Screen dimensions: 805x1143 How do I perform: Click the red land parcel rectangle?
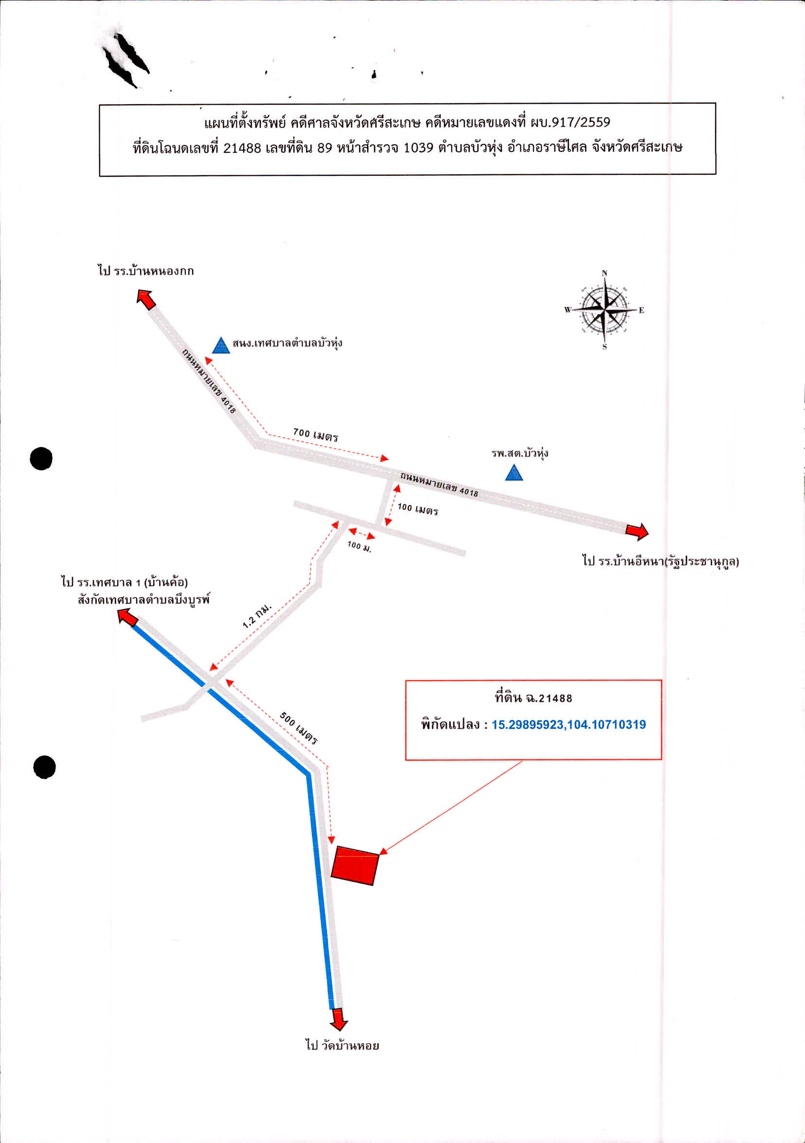(x=355, y=866)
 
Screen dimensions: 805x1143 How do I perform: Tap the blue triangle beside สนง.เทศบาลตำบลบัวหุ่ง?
(x=220, y=346)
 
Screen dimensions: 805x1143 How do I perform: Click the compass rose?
(x=604, y=311)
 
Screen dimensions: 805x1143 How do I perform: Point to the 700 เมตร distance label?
(x=316, y=435)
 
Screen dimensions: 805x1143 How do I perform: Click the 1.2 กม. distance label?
(x=257, y=615)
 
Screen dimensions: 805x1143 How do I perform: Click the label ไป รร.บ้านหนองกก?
(x=146, y=271)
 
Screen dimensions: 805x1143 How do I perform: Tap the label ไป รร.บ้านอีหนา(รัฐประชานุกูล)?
(x=660, y=561)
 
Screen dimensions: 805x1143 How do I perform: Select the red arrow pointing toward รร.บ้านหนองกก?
(x=146, y=300)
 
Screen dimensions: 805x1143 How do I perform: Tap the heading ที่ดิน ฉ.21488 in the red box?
(x=533, y=698)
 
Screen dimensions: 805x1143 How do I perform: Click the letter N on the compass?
(x=604, y=273)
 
